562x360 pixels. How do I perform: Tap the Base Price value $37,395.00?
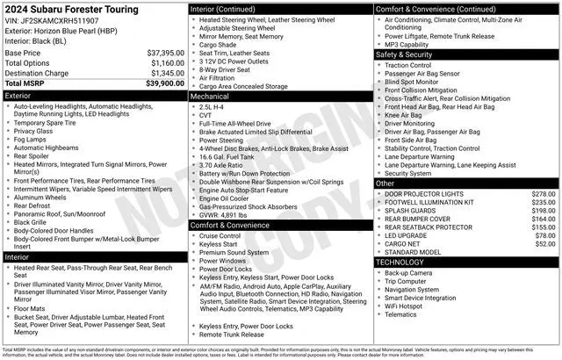166,54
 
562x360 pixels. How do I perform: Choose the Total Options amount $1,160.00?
168,64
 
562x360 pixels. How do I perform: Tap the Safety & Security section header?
407,54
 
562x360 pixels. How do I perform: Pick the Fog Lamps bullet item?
30,140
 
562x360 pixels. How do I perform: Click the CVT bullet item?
206,115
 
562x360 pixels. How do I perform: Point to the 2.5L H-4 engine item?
215,106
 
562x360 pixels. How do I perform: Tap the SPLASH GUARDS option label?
412,211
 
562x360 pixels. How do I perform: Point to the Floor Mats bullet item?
31,309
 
